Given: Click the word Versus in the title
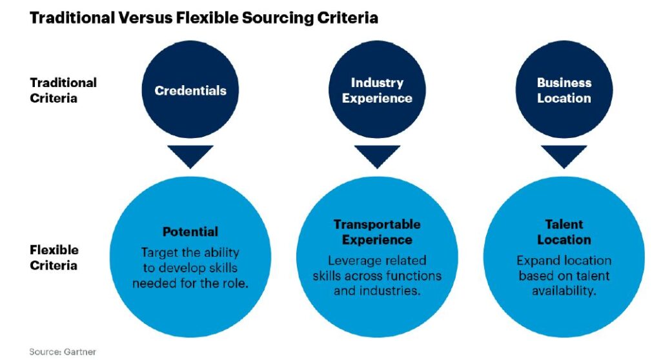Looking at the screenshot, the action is point(143,17).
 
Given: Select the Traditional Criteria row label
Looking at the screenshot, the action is point(63,90).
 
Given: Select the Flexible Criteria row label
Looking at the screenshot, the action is point(54,257).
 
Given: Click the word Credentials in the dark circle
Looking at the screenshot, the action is point(190,90).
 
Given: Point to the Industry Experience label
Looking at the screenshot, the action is point(377,90).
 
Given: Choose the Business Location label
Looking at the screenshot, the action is point(564,90).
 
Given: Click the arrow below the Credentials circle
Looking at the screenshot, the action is point(190,157).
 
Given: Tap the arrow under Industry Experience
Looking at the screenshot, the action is point(377,157).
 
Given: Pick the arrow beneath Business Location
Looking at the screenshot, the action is point(564,157).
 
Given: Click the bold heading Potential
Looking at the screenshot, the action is point(190,232).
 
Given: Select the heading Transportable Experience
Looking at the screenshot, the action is point(377,232).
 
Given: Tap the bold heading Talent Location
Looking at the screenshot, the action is point(564,232).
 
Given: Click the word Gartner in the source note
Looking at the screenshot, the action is point(79,352).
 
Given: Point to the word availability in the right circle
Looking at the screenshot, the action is point(564,291).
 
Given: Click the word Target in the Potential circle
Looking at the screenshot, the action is point(156,253).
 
